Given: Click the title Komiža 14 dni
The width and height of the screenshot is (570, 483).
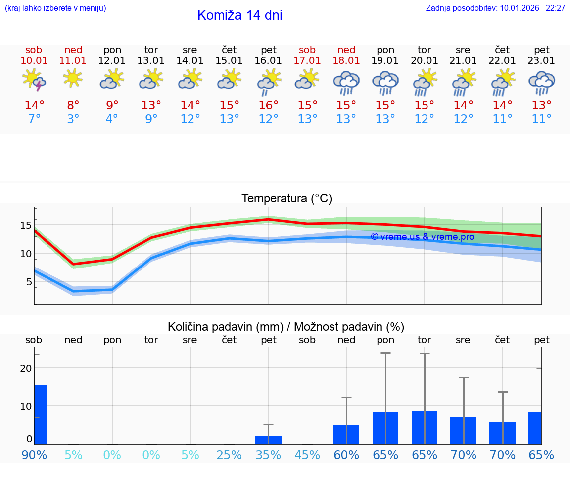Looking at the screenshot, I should (x=239, y=15).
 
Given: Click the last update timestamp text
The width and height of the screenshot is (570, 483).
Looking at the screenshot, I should (x=495, y=8).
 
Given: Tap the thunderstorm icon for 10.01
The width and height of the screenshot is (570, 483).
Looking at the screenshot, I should (x=34, y=80).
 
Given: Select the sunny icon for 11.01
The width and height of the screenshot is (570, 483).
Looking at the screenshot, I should (x=73, y=78).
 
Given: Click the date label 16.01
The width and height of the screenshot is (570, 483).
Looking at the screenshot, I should (x=268, y=61).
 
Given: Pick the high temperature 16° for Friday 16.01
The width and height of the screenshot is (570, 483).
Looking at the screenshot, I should (x=268, y=106).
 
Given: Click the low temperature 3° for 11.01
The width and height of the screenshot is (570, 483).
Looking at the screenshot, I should (x=73, y=119).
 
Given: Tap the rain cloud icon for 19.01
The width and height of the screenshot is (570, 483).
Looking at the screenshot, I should (x=385, y=82).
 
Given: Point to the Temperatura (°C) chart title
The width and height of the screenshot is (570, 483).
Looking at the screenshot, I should (x=286, y=199).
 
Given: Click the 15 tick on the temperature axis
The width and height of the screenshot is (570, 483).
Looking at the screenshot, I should (x=26, y=226).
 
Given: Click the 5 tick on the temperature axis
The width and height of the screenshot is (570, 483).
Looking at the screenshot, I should (x=29, y=282).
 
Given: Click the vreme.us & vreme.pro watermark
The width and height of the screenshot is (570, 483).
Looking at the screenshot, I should (x=422, y=237).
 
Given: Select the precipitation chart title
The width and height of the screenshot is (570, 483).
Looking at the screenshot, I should (x=286, y=327).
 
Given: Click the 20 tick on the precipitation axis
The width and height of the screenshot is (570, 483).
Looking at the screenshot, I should (x=26, y=368).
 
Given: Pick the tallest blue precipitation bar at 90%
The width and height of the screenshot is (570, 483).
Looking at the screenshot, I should (x=41, y=415).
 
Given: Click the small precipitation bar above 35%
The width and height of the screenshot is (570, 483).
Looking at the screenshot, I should (x=268, y=440).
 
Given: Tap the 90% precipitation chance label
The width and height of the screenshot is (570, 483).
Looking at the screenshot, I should (x=34, y=455).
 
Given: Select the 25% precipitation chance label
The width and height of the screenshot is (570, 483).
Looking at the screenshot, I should (x=229, y=455).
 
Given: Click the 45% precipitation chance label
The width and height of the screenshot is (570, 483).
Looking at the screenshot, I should (x=307, y=455).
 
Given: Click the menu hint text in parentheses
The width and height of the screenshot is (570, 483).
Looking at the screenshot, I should (x=55, y=8).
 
